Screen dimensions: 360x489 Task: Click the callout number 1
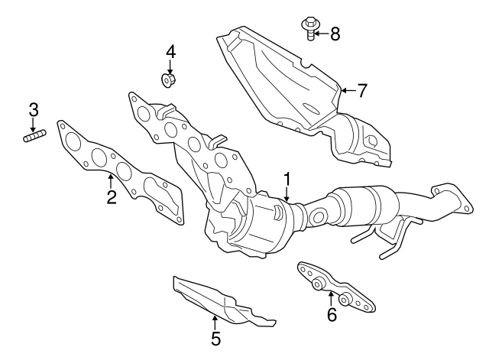[287, 180]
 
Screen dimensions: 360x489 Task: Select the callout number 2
[112, 199]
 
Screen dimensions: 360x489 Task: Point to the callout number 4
[170, 52]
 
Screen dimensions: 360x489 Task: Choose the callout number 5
[215, 337]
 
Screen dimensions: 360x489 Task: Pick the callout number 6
[332, 314]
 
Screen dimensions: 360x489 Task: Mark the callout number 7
[361, 90]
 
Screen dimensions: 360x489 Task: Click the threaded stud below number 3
[34, 138]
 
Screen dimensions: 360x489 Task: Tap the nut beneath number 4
[167, 79]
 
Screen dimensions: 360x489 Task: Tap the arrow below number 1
[287, 194]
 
